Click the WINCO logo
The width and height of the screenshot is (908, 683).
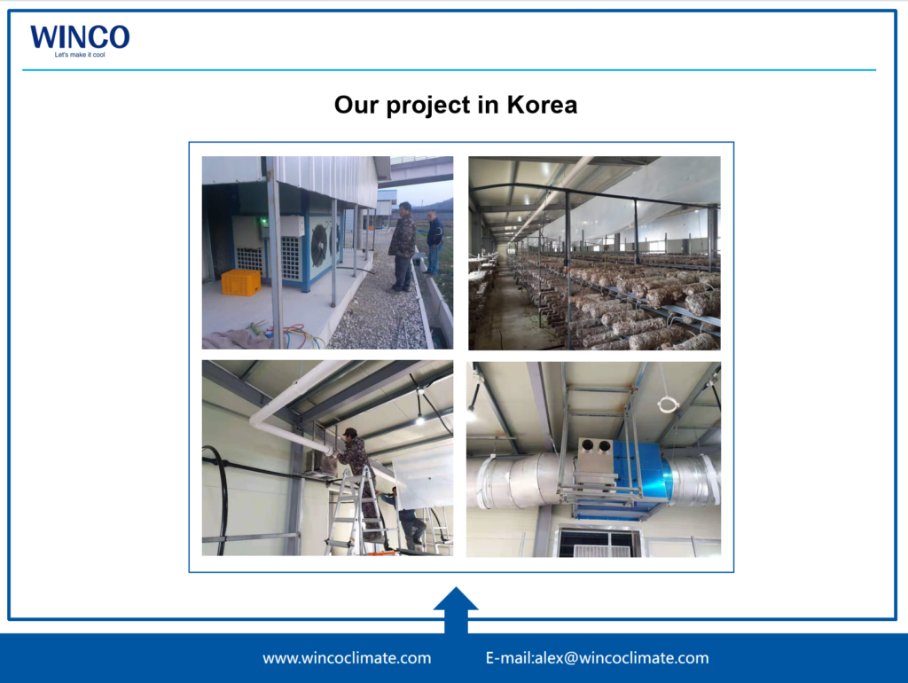[80, 37]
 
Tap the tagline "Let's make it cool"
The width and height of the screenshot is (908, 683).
[80, 55]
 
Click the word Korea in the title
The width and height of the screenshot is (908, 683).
[542, 105]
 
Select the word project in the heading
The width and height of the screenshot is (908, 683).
[428, 106]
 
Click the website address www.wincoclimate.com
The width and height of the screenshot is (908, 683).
[347, 658]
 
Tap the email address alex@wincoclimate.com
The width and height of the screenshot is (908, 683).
[622, 658]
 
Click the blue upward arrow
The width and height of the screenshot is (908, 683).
[456, 610]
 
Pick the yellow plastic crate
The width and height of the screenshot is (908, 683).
[241, 282]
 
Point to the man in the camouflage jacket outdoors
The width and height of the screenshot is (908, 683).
[402, 247]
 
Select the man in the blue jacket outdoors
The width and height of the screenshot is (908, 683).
[433, 242]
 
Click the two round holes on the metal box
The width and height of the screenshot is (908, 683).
[596, 445]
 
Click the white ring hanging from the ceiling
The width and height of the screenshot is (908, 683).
[668, 404]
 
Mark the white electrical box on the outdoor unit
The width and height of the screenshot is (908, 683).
[292, 225]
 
